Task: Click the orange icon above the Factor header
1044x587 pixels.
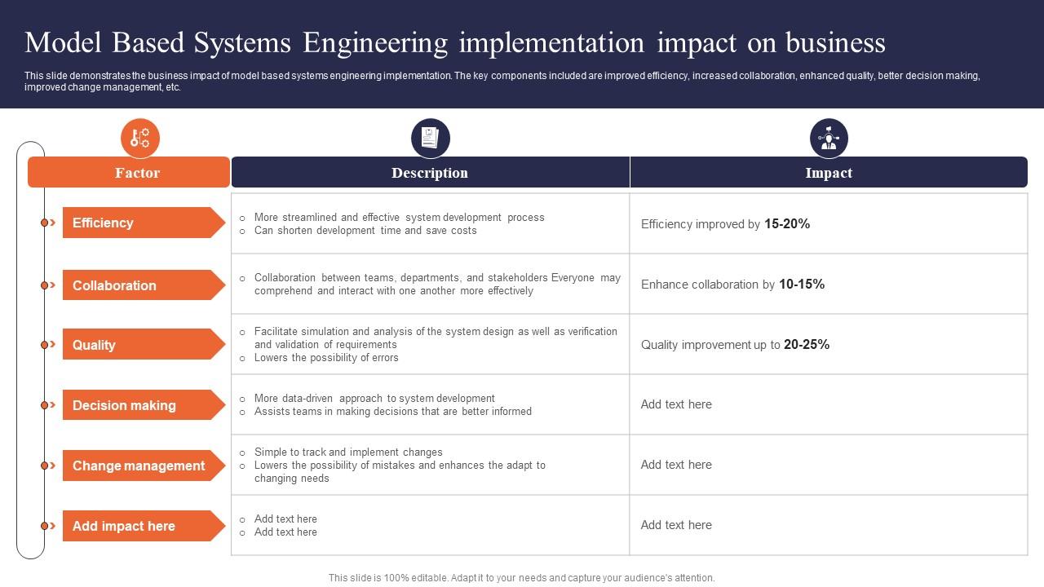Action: [x=140, y=138]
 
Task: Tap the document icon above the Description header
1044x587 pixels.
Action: [x=430, y=138]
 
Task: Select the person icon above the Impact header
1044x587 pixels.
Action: [x=829, y=138]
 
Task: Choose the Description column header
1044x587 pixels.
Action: [x=430, y=173]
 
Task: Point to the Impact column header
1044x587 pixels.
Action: [x=829, y=173]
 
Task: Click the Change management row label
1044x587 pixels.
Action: [x=139, y=466]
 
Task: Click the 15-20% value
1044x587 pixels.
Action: [x=787, y=223]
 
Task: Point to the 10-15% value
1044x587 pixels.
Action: [x=802, y=284]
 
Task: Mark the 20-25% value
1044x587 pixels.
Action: [x=807, y=344]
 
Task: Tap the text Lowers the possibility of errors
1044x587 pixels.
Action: [x=326, y=358]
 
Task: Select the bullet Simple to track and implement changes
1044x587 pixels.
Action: [x=348, y=452]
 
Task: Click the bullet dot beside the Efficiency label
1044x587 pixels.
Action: [x=45, y=223]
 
